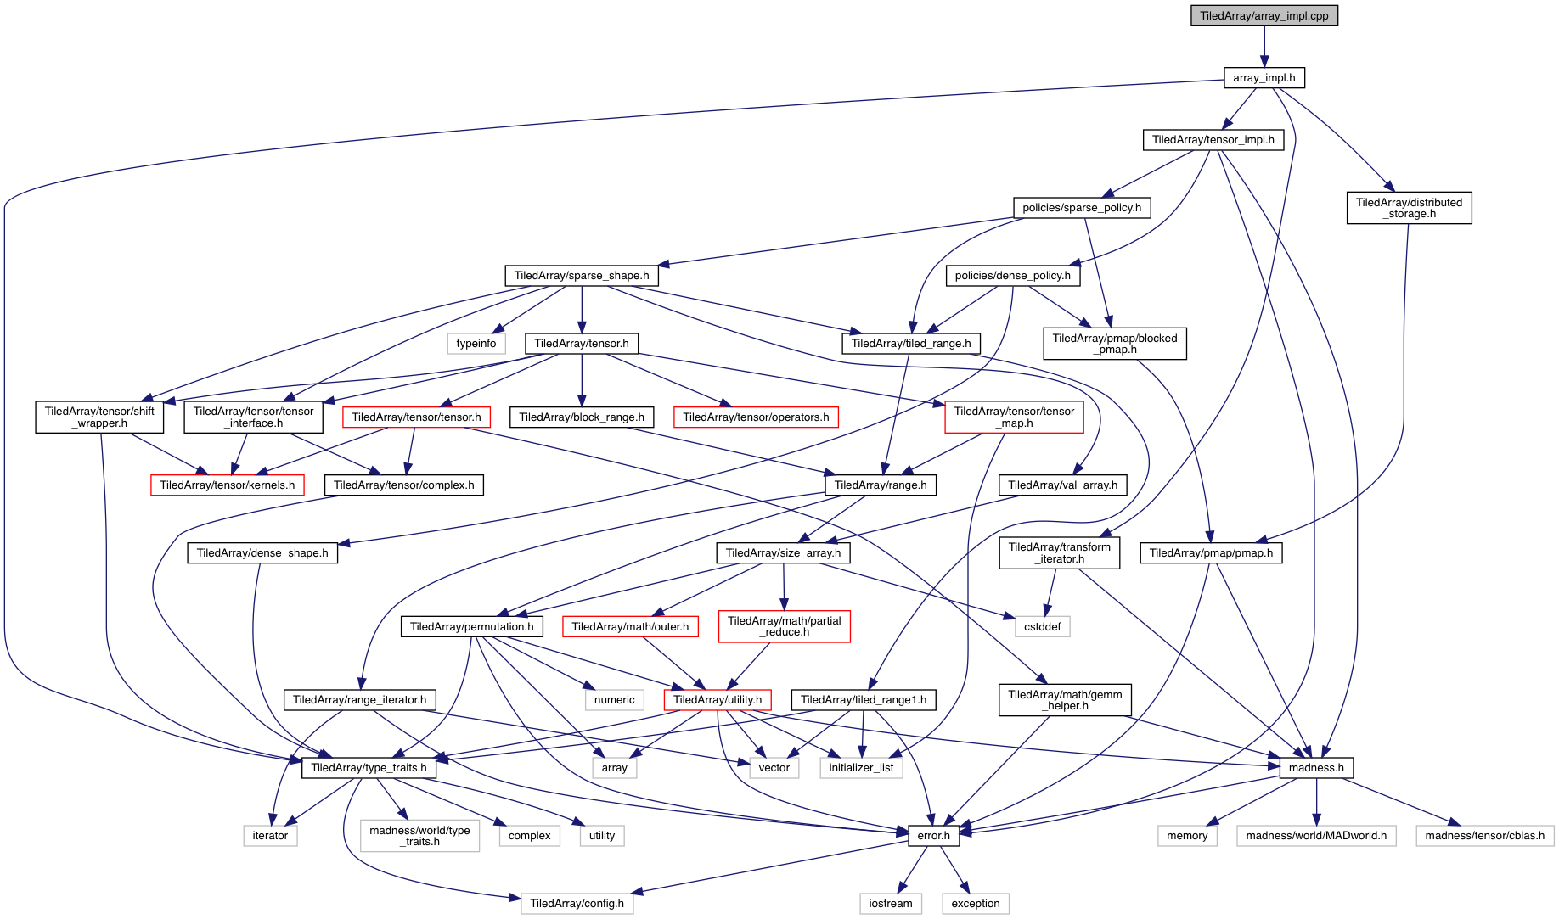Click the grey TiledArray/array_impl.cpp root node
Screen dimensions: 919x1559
coord(1264,16)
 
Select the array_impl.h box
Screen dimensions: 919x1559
coord(1264,78)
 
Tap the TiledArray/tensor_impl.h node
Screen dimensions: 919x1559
coord(1213,140)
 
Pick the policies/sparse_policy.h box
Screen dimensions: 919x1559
coord(1081,208)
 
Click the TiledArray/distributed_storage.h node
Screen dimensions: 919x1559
coord(1409,208)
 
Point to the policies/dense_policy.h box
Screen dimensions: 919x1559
coord(1012,276)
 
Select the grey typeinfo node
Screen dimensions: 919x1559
coord(476,344)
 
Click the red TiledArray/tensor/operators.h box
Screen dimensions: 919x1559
coord(756,417)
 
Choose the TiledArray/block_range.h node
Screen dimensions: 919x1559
coord(582,417)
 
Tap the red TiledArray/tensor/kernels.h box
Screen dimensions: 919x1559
coord(227,485)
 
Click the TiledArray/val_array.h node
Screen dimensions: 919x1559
coord(1062,485)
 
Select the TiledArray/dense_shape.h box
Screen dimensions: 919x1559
coord(262,553)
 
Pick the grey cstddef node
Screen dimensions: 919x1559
coord(1042,627)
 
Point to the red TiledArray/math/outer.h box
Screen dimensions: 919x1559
coord(630,627)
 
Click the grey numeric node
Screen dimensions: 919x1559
coord(614,700)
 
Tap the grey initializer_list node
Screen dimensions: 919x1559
coord(861,768)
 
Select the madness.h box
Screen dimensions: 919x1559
coord(1316,768)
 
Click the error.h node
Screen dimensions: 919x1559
coord(933,836)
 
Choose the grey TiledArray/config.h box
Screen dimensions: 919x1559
coord(577,904)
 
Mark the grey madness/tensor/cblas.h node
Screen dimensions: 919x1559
coord(1484,836)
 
